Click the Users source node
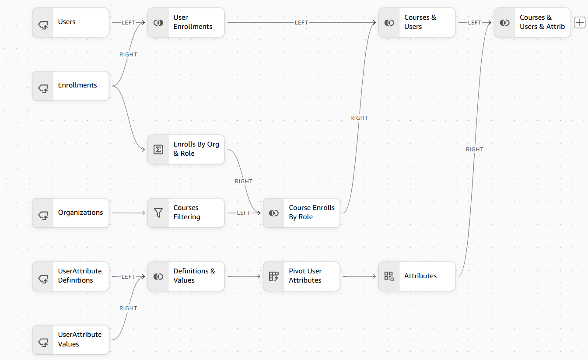click(70, 22)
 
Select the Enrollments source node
click(70, 86)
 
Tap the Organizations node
click(70, 213)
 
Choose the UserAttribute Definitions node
click(70, 276)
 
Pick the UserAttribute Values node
click(70, 340)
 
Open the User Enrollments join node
click(186, 22)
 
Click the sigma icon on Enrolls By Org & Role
click(158, 149)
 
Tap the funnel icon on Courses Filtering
click(158, 213)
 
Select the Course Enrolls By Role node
click(301, 213)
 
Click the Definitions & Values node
click(186, 276)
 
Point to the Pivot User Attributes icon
click(274, 276)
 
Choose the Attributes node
click(417, 276)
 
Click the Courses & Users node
click(417, 22)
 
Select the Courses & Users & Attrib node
click(532, 22)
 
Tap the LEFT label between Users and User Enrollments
click(128, 22)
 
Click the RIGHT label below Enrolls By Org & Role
click(244, 181)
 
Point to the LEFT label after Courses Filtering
click(244, 213)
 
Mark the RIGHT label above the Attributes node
click(475, 149)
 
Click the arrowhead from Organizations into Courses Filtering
click(143, 213)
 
